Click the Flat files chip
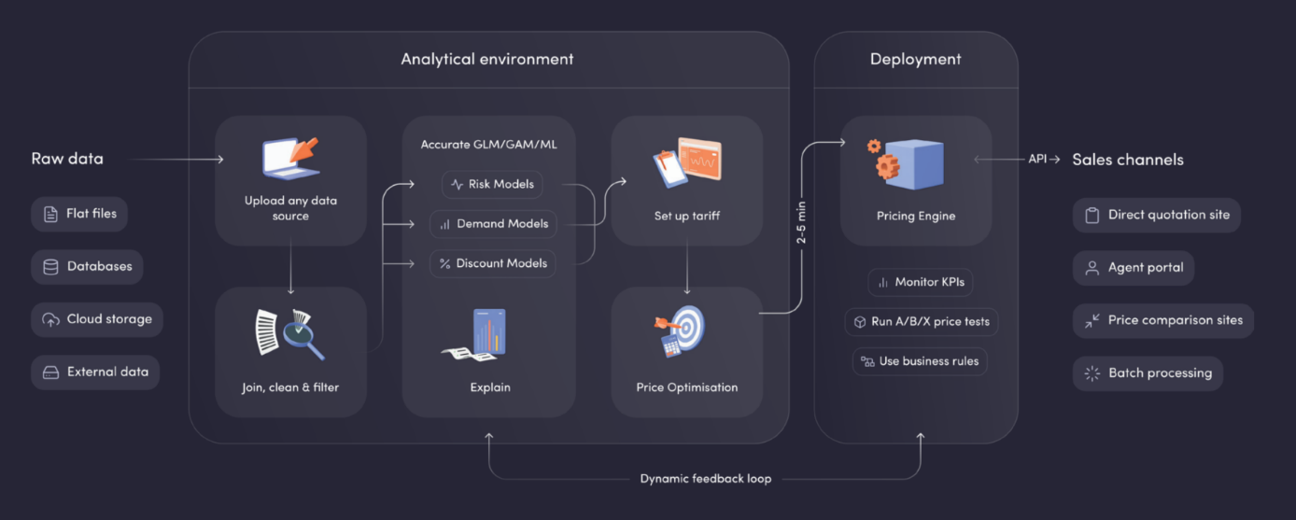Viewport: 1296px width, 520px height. click(79, 214)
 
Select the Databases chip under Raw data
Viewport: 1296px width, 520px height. click(88, 266)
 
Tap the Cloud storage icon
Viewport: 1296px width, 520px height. click(50, 319)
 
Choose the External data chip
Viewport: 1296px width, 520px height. click(95, 372)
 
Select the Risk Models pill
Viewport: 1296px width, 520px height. click(492, 184)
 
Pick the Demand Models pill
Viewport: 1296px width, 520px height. click(493, 224)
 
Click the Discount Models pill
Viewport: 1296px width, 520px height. click(492, 263)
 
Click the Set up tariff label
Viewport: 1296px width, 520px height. click(686, 216)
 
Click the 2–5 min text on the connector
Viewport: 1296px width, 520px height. click(801, 223)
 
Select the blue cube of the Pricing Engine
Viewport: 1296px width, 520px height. click(915, 165)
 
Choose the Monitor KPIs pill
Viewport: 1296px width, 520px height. click(921, 282)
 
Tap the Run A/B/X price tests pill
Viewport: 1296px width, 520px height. click(921, 321)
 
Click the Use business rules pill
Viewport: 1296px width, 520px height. click(919, 361)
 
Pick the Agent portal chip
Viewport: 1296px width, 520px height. click(1133, 267)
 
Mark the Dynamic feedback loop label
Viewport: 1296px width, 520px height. click(705, 478)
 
